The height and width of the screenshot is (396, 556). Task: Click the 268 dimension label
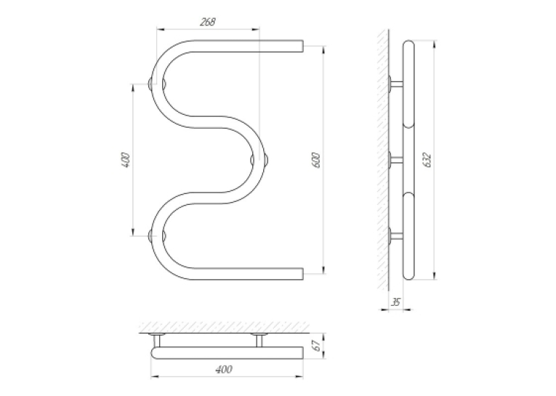tap(207, 22)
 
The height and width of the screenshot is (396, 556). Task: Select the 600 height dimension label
tap(317, 161)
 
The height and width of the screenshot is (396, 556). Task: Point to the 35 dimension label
tap(395, 302)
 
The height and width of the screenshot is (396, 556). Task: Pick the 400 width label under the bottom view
tap(224, 369)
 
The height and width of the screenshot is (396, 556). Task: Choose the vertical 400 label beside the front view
tap(126, 160)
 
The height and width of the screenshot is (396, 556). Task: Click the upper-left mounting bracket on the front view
tap(157, 84)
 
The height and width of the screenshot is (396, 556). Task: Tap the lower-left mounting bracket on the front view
tap(157, 235)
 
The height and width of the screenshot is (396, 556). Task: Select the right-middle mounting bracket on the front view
tap(259, 160)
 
